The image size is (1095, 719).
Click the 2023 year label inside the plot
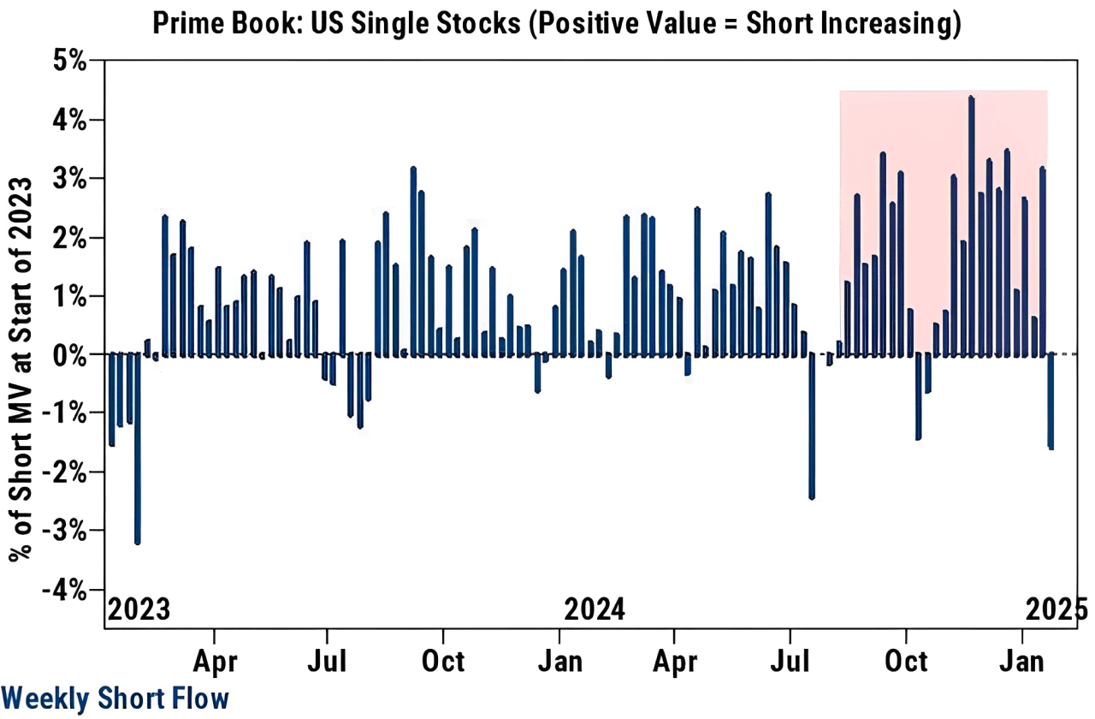pyautogui.click(x=139, y=610)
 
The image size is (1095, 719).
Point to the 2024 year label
pyautogui.click(x=595, y=610)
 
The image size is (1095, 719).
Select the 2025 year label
pyautogui.click(x=1057, y=610)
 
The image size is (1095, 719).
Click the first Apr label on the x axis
pyautogui.click(x=214, y=661)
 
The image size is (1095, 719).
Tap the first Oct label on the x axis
pyautogui.click(x=443, y=661)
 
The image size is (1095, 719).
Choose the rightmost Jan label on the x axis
pyautogui.click(x=1021, y=661)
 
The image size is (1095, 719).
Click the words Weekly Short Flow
pyautogui.click(x=115, y=698)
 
